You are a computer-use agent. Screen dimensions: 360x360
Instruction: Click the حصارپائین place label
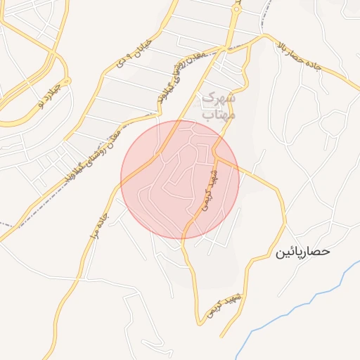pyautogui.click(x=302, y=251)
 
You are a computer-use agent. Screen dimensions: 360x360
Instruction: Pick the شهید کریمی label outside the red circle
pyautogui.click(x=221, y=307)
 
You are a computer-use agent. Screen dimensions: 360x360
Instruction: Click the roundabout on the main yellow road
pyautogui.click(x=236, y=9)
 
